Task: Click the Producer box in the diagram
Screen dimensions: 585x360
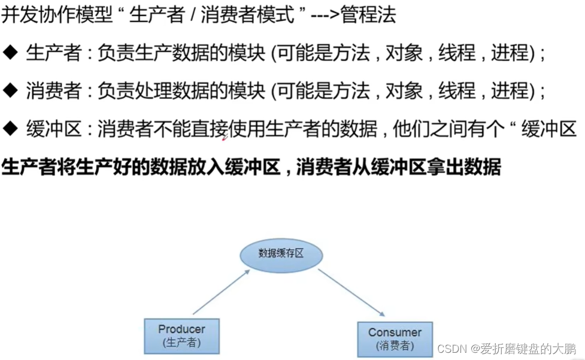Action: tap(181, 335)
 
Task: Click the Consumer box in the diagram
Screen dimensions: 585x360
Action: tap(395, 338)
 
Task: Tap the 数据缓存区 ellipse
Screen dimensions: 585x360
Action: tap(281, 253)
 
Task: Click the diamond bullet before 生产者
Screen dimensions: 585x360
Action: tap(11, 53)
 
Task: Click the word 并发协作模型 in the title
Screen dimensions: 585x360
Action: tap(57, 14)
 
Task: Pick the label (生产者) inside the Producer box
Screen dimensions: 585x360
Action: tap(181, 343)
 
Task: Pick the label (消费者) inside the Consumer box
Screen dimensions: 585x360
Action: tap(395, 346)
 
